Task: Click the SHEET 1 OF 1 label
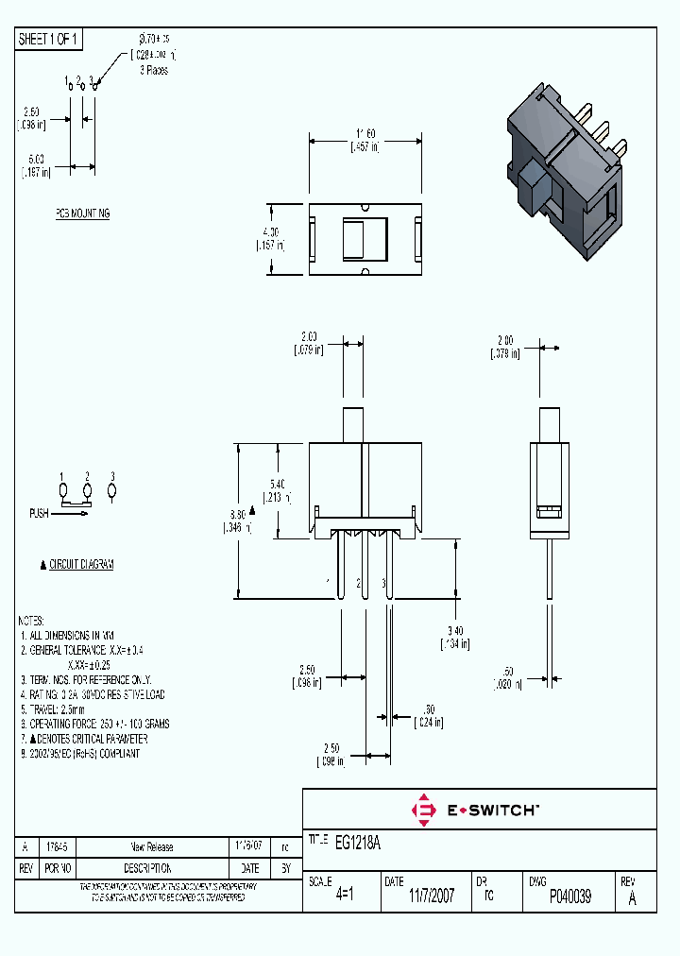coord(49,40)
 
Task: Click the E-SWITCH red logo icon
coord(424,810)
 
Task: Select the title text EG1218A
coord(358,841)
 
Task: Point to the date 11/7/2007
coord(431,896)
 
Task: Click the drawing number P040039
coord(569,896)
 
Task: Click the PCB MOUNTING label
coord(81,214)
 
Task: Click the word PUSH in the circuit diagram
coord(39,514)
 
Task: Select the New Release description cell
coord(151,847)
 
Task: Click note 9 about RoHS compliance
coord(80,754)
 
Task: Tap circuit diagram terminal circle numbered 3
coord(112,491)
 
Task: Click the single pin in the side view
coord(549,567)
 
